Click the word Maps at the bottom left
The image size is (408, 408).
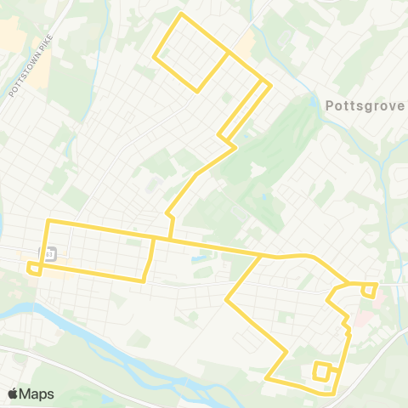[x=37, y=394]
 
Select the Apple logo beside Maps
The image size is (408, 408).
[x=14, y=393]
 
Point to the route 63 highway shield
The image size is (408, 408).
[x=48, y=253]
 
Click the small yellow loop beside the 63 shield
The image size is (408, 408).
[x=35, y=269]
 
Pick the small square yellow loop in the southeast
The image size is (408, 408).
[x=322, y=371]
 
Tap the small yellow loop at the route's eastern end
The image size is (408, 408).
[x=369, y=290]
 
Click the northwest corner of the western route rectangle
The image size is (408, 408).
[x=48, y=221]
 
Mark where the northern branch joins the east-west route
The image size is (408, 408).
[x=173, y=238]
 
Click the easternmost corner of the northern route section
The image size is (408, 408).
[x=270, y=85]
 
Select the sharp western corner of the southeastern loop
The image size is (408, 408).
[x=226, y=299]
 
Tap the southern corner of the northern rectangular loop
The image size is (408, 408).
[x=198, y=91]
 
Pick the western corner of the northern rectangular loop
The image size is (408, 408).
[x=154, y=58]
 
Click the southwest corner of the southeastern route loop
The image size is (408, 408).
[x=266, y=377]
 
